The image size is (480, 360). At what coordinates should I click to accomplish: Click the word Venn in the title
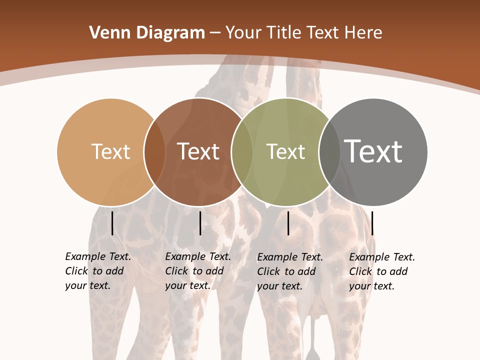[107, 33]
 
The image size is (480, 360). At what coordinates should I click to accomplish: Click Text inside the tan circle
[110, 151]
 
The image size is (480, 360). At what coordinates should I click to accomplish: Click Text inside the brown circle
[198, 151]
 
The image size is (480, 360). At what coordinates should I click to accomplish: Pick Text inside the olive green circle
[285, 151]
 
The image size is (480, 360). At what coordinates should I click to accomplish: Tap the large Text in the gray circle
[373, 151]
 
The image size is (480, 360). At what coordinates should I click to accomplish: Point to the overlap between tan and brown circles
[154, 151]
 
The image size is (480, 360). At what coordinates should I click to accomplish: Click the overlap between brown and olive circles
[242, 151]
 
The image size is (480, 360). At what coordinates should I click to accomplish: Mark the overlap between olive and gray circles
[329, 151]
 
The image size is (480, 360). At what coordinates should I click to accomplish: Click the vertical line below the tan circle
[112, 223]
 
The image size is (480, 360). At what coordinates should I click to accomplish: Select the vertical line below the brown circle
[200, 223]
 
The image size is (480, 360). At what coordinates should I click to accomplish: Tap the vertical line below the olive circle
[288, 223]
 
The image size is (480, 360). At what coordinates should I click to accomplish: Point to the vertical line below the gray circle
[372, 223]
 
